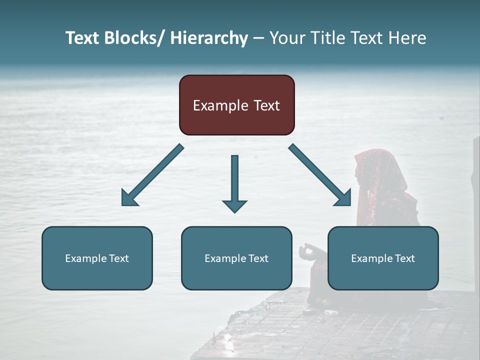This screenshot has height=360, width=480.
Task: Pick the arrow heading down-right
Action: click(320, 175)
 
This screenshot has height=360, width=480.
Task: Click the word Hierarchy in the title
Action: click(209, 38)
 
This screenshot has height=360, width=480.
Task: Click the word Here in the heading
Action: click(408, 38)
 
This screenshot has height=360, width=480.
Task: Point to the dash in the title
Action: click(258, 38)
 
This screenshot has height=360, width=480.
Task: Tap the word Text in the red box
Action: click(266, 106)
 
